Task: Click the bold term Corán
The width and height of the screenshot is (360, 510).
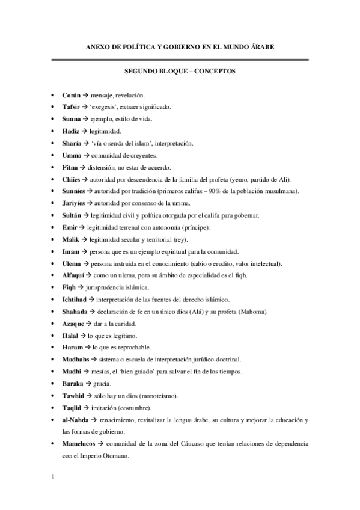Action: pyautogui.click(x=71, y=95)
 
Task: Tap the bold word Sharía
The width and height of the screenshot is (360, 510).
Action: pyautogui.click(x=72, y=143)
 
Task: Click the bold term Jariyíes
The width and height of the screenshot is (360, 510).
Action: pyautogui.click(x=75, y=203)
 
